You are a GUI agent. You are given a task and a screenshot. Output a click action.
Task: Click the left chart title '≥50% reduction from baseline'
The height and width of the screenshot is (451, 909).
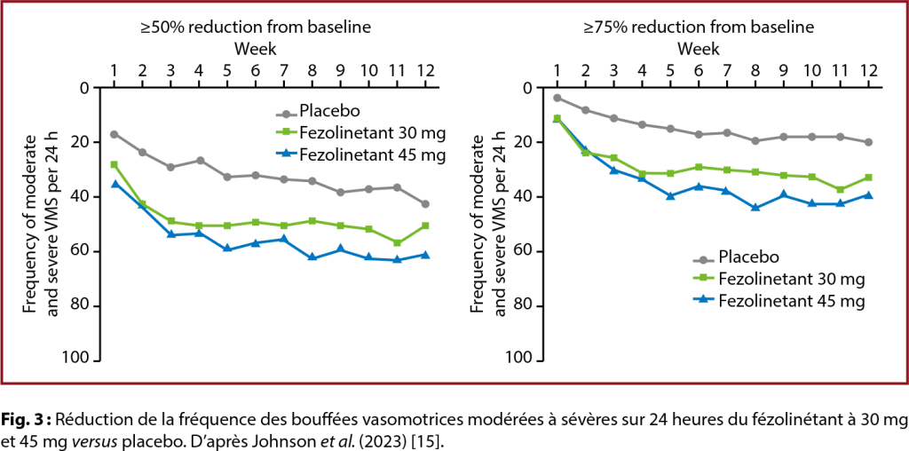[x=255, y=28]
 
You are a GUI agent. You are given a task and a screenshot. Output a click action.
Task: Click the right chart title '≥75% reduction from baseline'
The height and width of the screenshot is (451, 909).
[x=698, y=28]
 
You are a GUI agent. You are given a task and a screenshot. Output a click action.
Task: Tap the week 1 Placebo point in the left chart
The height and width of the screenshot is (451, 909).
[x=114, y=134]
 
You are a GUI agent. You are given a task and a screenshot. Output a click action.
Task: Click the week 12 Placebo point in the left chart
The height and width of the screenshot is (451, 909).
[x=425, y=204]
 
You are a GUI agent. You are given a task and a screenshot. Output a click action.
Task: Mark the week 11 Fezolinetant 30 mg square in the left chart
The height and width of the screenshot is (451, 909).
[x=397, y=242]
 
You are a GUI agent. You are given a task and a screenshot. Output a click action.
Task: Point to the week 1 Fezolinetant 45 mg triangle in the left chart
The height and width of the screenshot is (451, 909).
[x=114, y=184]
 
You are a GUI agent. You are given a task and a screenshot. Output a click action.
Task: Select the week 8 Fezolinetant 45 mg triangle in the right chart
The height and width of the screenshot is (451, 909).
[x=755, y=208]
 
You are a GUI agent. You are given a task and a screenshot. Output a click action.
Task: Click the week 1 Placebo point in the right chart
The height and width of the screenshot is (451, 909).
[x=557, y=98]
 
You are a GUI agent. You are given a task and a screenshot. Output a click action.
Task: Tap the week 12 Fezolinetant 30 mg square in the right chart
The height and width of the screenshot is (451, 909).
[x=868, y=178]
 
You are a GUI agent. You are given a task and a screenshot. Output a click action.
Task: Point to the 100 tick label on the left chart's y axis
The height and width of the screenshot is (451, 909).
[x=78, y=360]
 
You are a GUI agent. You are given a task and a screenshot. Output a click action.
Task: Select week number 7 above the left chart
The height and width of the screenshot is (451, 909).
[x=283, y=70]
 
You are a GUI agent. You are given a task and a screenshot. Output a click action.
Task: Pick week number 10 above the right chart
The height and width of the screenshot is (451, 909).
[x=811, y=70]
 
